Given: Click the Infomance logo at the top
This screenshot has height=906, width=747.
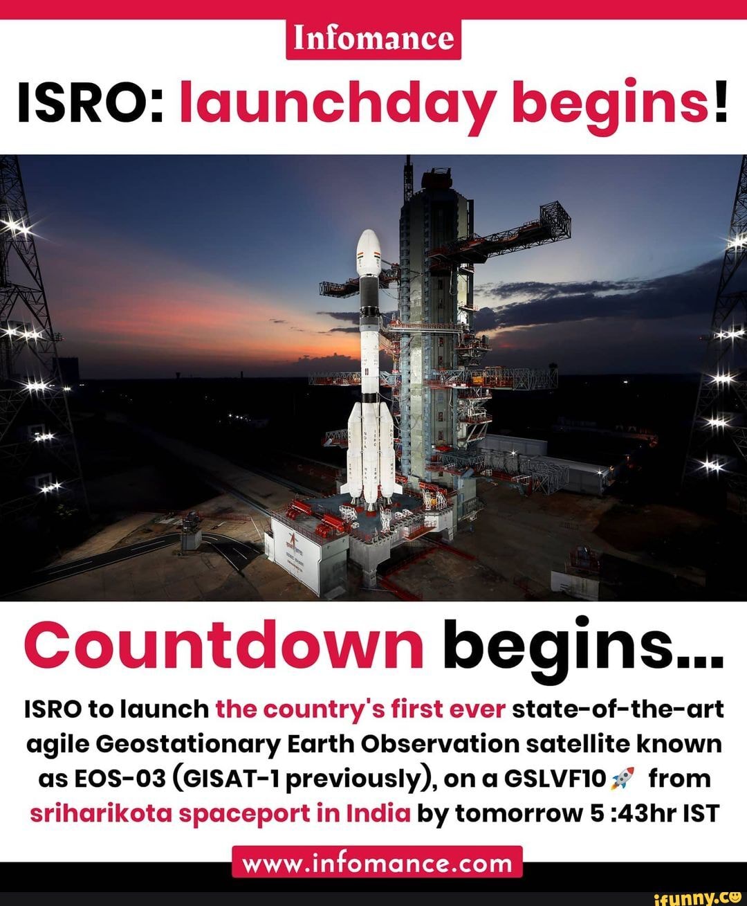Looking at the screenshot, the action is coord(373,39).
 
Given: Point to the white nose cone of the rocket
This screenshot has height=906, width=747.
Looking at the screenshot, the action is coord(369,253).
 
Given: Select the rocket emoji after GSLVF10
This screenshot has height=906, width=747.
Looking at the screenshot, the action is coord(622,778).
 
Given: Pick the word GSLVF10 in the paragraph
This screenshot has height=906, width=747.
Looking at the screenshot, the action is coord(555,779).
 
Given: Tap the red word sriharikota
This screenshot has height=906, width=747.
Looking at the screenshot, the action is coord(102,813).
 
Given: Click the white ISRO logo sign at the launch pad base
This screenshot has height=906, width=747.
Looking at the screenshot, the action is coord(295,552).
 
